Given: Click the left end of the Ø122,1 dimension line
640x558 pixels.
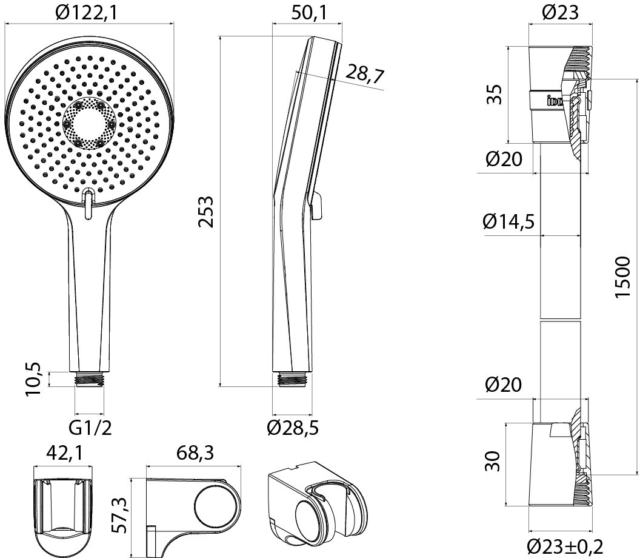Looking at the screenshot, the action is click(4, 23).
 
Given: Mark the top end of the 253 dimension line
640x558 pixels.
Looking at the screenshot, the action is click(220, 36).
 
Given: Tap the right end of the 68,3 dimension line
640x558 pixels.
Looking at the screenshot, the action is click(242, 465).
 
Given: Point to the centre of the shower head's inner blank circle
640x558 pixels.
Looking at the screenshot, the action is click(89, 124).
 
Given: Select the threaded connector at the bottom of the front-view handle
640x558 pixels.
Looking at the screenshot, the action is click(89, 378).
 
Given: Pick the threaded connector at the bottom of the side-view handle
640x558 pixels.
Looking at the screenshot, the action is click(292, 378).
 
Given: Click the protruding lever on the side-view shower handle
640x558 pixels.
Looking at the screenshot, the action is click(317, 206).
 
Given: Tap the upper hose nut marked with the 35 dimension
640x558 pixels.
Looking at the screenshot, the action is click(560, 95).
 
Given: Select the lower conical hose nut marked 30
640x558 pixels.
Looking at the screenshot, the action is click(560, 465).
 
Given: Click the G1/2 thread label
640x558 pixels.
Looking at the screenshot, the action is click(90, 429).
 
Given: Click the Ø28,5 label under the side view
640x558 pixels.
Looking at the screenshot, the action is click(293, 429).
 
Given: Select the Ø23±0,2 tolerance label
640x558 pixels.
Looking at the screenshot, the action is click(565, 546).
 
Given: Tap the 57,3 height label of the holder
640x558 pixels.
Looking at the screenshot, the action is click(120, 516).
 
